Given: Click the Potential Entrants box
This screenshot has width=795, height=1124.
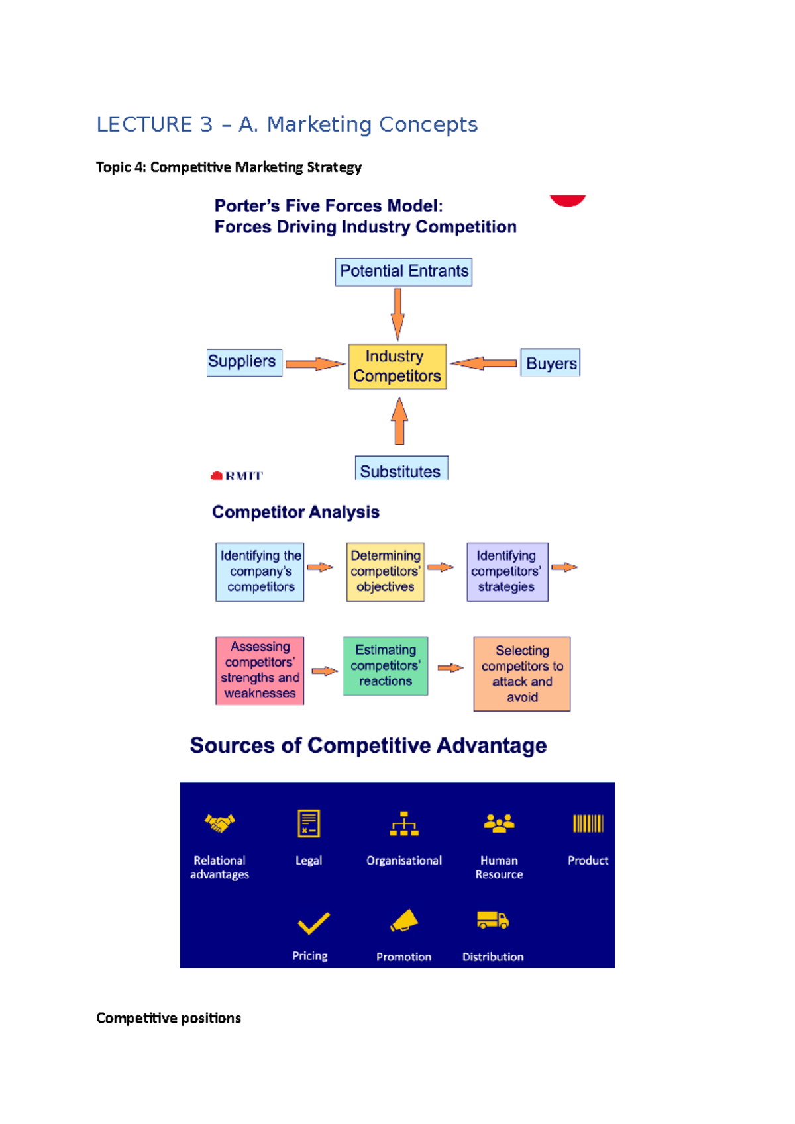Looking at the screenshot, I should click(x=403, y=271).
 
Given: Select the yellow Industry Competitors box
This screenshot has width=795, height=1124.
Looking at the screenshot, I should click(x=397, y=366).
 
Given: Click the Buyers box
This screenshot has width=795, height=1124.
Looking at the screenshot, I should click(x=550, y=363).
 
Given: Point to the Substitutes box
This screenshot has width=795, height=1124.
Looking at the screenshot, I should click(x=401, y=469).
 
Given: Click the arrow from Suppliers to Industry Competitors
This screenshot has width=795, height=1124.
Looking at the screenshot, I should click(x=315, y=363).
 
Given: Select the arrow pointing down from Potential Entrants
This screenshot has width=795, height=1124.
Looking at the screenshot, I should click(x=397, y=313).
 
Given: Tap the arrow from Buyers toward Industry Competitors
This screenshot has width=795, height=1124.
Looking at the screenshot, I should click(x=484, y=363).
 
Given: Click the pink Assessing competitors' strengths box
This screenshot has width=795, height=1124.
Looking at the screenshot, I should click(x=260, y=670).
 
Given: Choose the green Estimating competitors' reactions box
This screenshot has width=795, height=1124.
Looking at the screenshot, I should click(x=385, y=665).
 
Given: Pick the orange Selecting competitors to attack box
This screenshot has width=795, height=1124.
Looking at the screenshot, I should click(x=521, y=673).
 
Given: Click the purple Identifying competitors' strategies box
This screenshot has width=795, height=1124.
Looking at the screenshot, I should click(x=507, y=571).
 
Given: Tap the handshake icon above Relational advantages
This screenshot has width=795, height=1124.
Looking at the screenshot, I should click(x=219, y=823).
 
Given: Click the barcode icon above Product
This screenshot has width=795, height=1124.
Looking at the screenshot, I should click(x=588, y=823).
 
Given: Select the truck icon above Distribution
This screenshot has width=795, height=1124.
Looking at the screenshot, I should click(x=492, y=920).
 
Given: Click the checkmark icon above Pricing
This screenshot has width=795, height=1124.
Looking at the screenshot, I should click(x=313, y=922).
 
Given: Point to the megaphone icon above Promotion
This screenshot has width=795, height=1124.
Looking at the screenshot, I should click(x=404, y=920).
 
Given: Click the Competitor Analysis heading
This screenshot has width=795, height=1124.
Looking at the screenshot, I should click(x=295, y=512).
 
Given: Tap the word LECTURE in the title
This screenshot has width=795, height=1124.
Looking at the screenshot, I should click(x=144, y=124).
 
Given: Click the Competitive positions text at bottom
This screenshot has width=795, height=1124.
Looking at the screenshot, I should click(x=168, y=1017).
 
